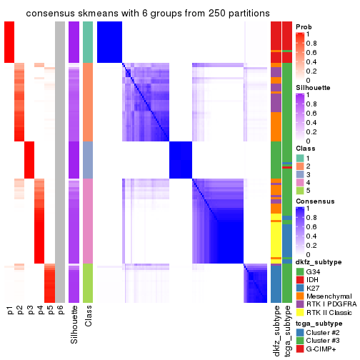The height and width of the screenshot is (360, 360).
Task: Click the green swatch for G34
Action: tap(300, 271)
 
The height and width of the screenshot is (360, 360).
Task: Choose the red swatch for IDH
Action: tap(300, 281)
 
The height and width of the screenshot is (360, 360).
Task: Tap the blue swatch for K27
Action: tap(300, 292)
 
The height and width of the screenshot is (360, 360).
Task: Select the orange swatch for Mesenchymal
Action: tap(300, 302)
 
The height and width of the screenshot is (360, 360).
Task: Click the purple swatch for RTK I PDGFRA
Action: tap(300, 313)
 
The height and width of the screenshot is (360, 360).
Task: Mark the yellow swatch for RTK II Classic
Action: tap(300, 323)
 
